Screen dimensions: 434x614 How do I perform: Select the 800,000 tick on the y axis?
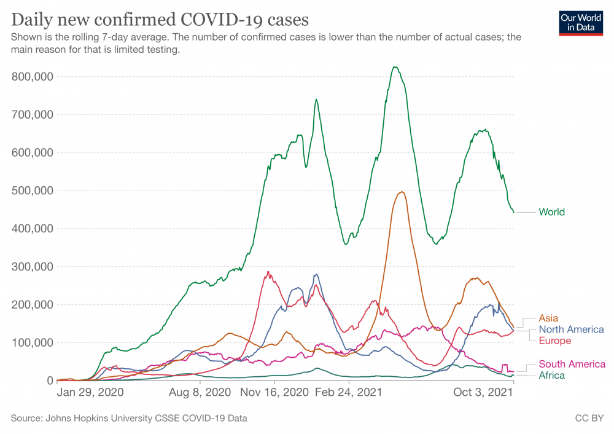click(x=33, y=77)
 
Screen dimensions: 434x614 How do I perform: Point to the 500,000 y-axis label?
click(x=33, y=191)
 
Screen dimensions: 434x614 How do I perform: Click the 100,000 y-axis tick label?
click(x=33, y=342)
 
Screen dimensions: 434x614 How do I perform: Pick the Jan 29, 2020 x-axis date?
click(x=90, y=391)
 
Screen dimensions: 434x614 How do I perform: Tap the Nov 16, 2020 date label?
click(x=274, y=391)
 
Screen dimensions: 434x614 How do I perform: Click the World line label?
click(x=551, y=212)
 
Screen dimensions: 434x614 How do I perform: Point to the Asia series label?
click(x=548, y=318)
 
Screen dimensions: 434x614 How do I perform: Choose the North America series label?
click(x=571, y=329)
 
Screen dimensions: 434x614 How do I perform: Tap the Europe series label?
click(x=554, y=341)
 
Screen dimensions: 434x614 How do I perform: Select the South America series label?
click(x=572, y=364)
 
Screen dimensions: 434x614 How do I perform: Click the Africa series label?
click(x=551, y=375)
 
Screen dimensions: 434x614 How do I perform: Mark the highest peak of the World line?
click(x=395, y=67)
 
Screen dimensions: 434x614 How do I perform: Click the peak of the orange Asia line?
click(x=402, y=192)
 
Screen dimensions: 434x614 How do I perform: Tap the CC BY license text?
click(x=588, y=419)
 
